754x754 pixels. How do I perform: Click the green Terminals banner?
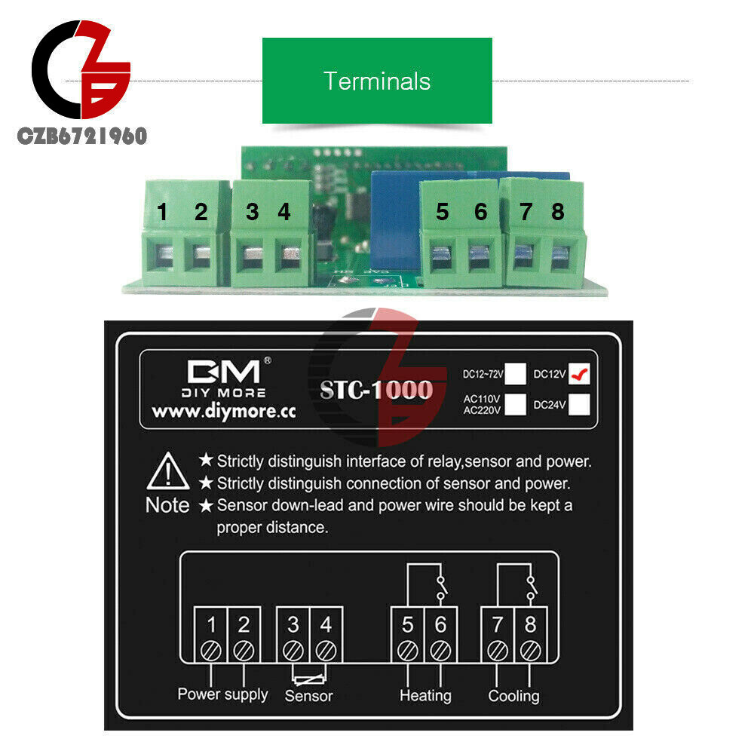(x=377, y=81)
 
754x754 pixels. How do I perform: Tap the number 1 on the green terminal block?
(x=163, y=213)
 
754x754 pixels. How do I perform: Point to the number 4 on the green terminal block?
(x=284, y=213)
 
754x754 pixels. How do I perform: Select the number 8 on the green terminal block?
(x=557, y=213)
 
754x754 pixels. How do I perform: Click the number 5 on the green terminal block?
(x=442, y=213)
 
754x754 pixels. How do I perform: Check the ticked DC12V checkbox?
(x=580, y=373)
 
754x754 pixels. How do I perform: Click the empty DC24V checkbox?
(x=580, y=405)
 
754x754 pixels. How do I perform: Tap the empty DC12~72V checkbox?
(x=516, y=373)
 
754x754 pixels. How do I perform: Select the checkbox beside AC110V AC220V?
(x=516, y=405)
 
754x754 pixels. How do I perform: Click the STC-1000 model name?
(x=376, y=390)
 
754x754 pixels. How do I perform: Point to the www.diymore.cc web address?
(x=224, y=412)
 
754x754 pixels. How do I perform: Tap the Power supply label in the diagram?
(x=222, y=694)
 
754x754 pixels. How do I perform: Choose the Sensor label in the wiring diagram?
(x=308, y=696)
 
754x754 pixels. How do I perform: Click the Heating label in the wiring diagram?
(x=425, y=695)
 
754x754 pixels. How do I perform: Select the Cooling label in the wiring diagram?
(x=513, y=695)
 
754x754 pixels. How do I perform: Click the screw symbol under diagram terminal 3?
(x=293, y=648)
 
